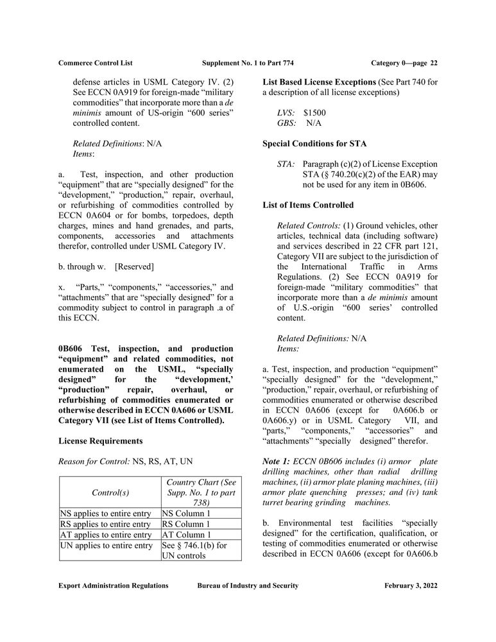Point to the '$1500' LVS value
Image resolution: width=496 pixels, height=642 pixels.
[x=314, y=112]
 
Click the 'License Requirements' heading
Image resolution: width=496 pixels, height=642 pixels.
[x=100, y=441]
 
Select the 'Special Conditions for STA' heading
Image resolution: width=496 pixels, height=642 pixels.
[x=314, y=143]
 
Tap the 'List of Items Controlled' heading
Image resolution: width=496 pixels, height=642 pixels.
[x=308, y=205]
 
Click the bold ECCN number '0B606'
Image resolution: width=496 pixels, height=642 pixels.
[x=71, y=349]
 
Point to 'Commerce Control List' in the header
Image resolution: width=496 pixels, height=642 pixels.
[x=96, y=63]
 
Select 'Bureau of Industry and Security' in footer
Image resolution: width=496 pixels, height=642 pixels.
[x=248, y=586]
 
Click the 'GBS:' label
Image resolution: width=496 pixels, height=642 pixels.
[x=286, y=123]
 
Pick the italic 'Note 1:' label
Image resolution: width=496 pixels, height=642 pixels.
[x=277, y=462]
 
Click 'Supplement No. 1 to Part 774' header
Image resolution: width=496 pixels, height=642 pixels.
[x=248, y=63]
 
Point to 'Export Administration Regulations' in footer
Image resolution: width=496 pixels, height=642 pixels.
[x=113, y=586]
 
